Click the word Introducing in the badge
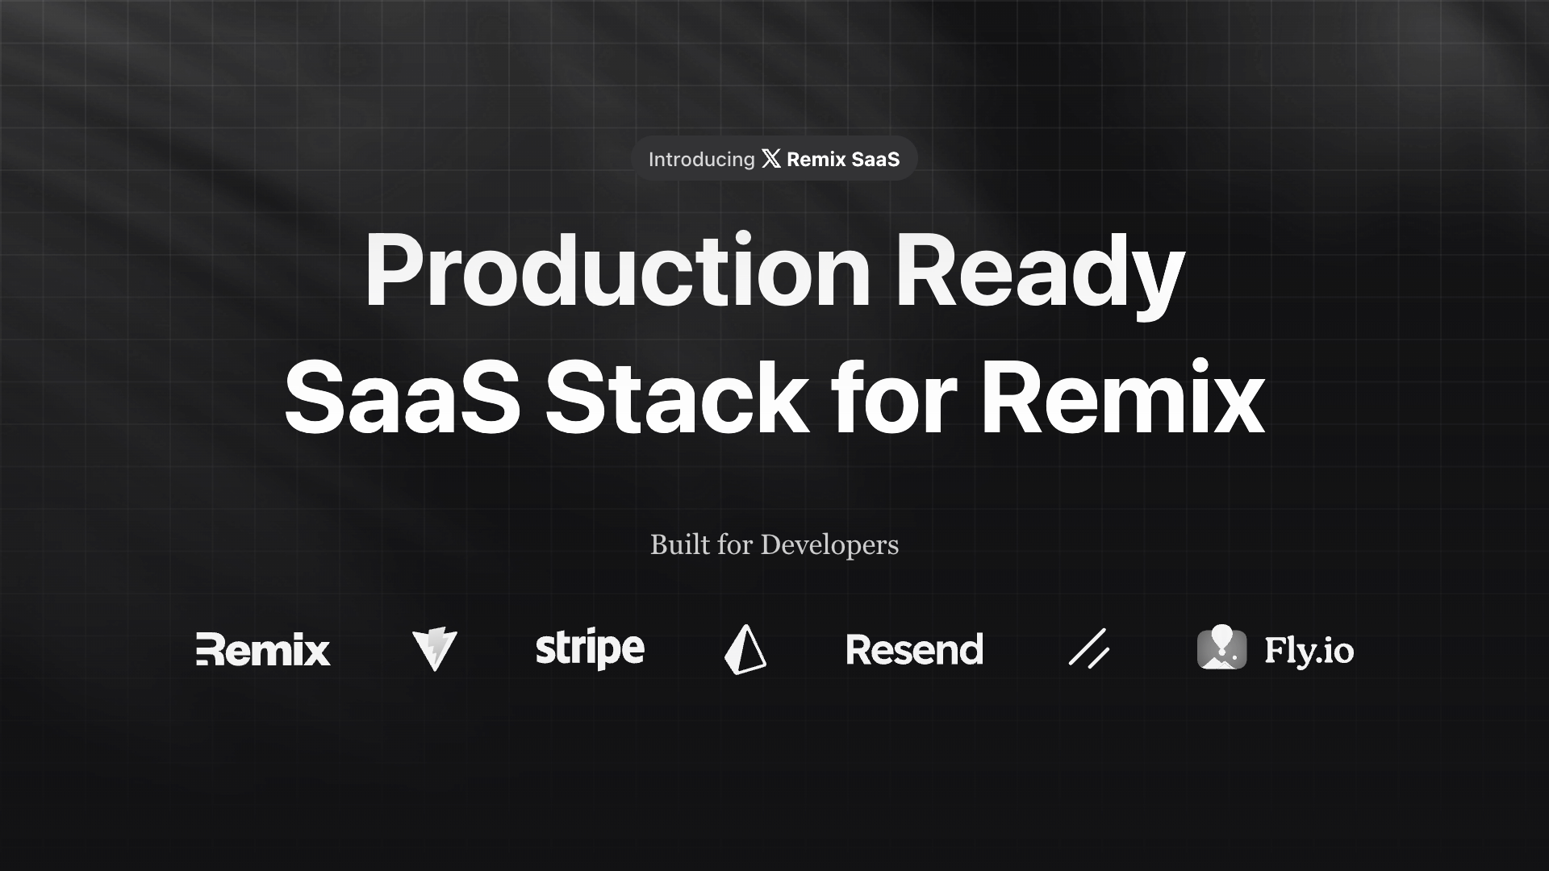click(701, 160)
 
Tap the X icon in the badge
click(771, 159)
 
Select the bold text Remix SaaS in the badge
click(843, 160)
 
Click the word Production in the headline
click(617, 271)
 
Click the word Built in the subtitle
click(680, 545)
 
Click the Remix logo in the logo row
click(263, 650)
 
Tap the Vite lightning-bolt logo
click(435, 650)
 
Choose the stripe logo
click(590, 650)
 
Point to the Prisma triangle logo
click(745, 650)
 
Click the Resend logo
click(915, 650)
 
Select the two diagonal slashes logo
click(1088, 648)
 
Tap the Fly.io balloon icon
click(1221, 648)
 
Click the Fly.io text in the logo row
click(1309, 651)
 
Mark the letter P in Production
click(395, 271)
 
